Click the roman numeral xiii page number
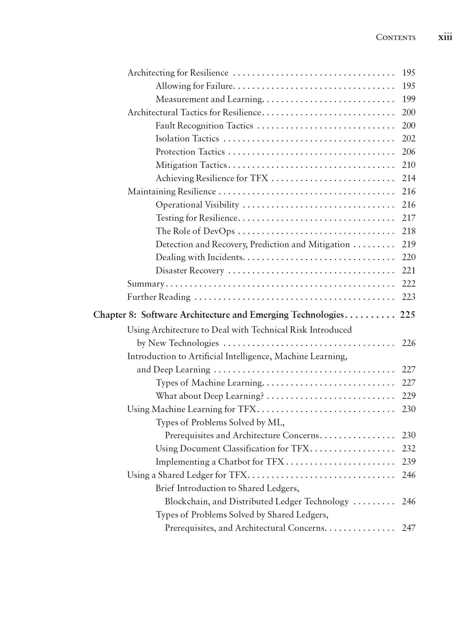[x=445, y=37]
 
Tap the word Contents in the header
[x=395, y=37]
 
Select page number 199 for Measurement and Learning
[x=408, y=99]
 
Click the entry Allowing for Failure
[x=194, y=86]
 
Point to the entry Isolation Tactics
[x=187, y=139]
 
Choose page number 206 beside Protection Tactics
[x=408, y=152]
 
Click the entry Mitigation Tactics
[x=191, y=165]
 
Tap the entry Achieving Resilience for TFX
[x=212, y=178]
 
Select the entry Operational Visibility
[x=197, y=205]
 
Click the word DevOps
[x=219, y=231]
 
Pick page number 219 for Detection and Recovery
[x=408, y=244]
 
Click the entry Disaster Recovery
[x=190, y=270]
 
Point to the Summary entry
[x=146, y=284]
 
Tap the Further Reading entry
[x=158, y=297]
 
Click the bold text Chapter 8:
[x=115, y=315]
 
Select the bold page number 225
[x=407, y=315]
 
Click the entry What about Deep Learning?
[x=210, y=396]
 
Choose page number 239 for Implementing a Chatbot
[x=408, y=462]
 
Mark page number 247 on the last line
[x=408, y=528]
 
